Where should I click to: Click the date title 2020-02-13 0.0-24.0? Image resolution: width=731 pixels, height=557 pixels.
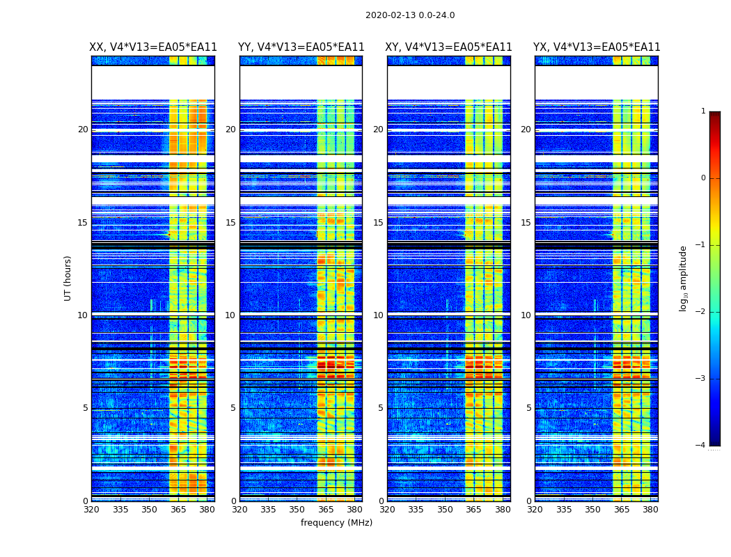click(410, 15)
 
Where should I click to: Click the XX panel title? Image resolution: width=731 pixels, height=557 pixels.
click(153, 47)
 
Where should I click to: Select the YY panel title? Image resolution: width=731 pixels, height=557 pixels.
click(301, 47)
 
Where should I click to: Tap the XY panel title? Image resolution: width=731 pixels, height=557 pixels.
click(449, 47)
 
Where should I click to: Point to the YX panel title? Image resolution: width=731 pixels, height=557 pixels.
click(597, 47)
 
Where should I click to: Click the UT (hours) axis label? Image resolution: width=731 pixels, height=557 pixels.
click(68, 278)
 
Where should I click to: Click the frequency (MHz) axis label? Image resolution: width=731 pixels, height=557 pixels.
click(336, 523)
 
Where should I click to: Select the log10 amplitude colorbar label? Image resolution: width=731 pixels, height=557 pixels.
click(684, 278)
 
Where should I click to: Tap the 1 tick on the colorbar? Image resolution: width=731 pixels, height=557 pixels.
click(703, 111)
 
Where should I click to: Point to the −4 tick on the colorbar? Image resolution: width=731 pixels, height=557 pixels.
click(701, 446)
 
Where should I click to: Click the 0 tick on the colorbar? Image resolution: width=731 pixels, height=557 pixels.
click(703, 178)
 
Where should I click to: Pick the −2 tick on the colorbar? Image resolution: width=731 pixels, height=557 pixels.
click(701, 312)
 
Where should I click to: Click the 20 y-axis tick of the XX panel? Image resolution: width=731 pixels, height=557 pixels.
click(83, 130)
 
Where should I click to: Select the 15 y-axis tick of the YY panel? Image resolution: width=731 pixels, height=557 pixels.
click(230, 223)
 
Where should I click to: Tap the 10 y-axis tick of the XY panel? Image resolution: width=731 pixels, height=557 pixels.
click(378, 315)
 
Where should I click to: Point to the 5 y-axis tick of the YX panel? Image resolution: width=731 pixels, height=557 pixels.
click(528, 408)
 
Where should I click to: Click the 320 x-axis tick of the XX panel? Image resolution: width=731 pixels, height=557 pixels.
click(91, 510)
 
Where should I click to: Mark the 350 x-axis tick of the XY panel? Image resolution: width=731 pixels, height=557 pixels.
click(445, 510)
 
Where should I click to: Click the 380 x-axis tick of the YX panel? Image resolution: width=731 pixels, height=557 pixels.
click(650, 510)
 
